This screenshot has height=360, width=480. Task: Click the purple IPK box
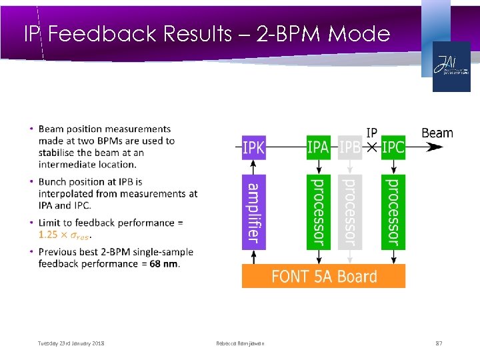253,147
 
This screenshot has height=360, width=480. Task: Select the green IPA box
318,147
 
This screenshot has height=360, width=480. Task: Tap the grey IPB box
350,147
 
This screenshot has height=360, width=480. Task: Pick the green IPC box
393,147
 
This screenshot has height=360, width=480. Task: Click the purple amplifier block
253,212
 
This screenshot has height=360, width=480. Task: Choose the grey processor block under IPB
350,212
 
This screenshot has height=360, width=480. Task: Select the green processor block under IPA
318,212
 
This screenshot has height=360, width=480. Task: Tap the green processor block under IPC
393,212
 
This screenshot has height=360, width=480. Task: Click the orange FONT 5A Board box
323,276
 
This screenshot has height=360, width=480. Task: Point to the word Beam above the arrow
437,133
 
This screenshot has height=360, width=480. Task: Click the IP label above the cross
372,132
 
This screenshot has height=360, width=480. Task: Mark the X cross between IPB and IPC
372,147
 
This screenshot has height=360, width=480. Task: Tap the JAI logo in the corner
451,67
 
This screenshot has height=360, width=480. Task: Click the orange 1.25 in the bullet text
48,235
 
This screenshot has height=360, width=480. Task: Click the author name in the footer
240,343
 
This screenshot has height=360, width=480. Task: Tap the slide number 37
439,343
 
